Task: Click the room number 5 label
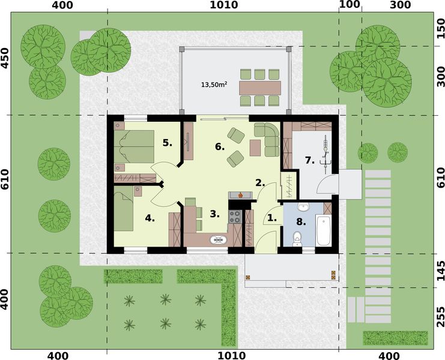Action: point(168,142)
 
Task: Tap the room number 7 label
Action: point(309,160)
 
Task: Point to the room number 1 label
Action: point(272,218)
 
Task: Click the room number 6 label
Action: point(220,146)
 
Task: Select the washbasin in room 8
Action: point(303,207)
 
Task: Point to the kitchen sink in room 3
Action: point(217,241)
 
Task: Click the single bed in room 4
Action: point(125,209)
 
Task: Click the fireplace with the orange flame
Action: point(240,194)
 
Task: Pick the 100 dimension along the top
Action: point(349,5)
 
